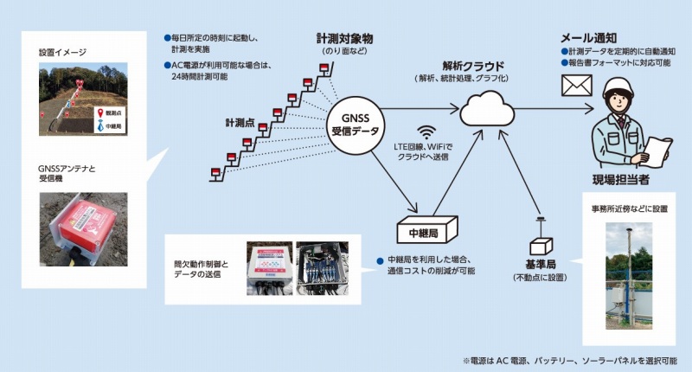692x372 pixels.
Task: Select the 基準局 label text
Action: (x=541, y=262)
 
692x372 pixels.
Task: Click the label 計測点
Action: (x=240, y=123)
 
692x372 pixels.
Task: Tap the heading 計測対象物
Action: (x=347, y=39)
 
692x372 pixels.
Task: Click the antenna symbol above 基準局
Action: (x=539, y=228)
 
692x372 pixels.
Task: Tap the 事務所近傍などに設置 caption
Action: (x=629, y=209)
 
